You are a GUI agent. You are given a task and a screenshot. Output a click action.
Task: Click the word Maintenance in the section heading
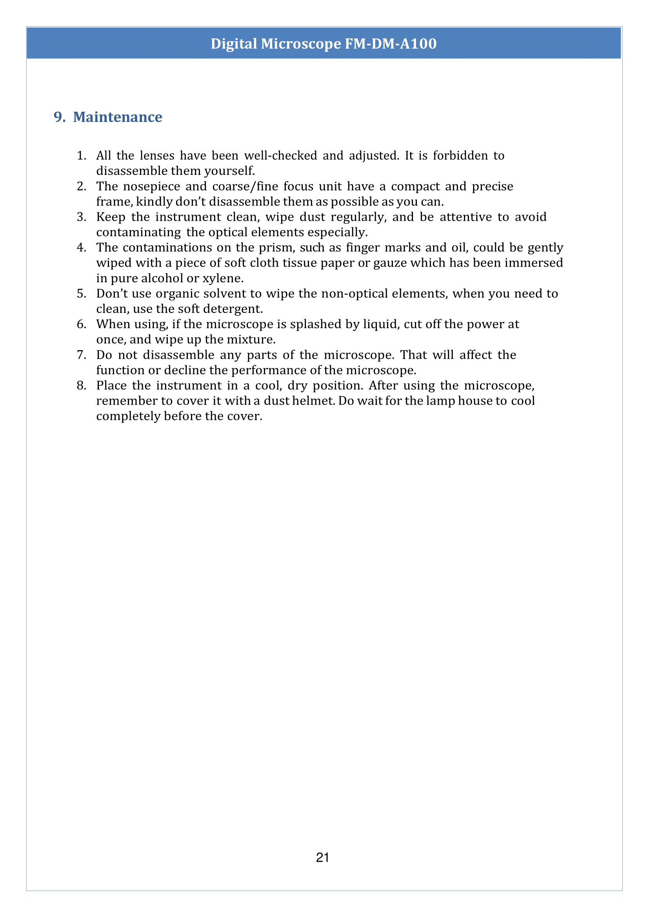[x=118, y=117]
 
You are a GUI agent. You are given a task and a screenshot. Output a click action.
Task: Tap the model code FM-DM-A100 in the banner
[x=391, y=44]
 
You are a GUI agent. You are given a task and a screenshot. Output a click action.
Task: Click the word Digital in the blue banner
[x=234, y=44]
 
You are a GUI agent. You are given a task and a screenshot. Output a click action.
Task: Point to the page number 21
[x=322, y=857]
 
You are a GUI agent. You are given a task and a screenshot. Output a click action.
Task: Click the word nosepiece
[x=151, y=186]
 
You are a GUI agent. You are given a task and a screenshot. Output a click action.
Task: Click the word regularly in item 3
[x=358, y=217]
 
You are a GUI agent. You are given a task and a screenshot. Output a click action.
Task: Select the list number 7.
[x=81, y=355]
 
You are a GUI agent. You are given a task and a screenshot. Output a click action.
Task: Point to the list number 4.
[x=81, y=248]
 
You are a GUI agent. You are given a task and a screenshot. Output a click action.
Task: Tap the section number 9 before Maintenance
[x=59, y=117]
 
